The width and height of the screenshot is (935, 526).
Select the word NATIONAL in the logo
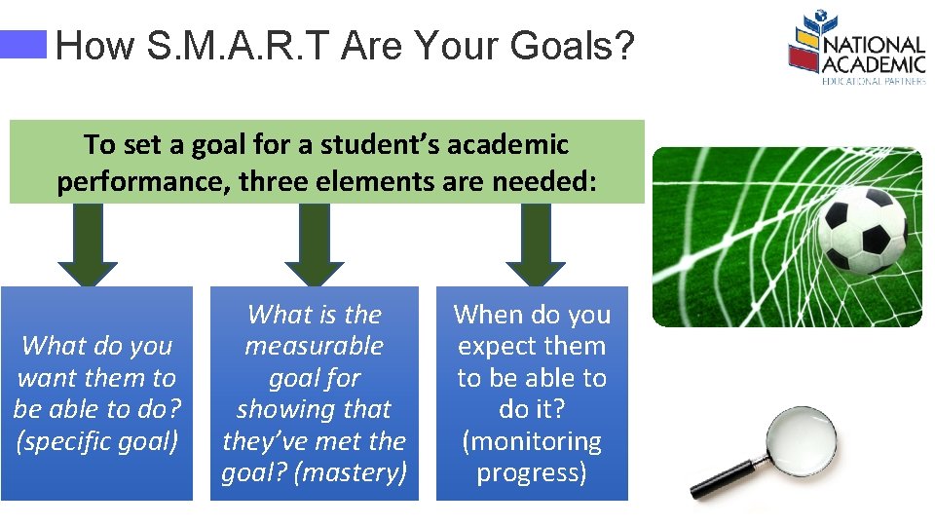tap(874, 47)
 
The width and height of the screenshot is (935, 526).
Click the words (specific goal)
tap(97, 441)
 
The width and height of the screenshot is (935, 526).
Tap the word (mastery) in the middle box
tap(354, 472)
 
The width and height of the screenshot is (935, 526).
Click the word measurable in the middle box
tap(314, 346)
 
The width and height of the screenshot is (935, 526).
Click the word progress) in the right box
tap(532, 472)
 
